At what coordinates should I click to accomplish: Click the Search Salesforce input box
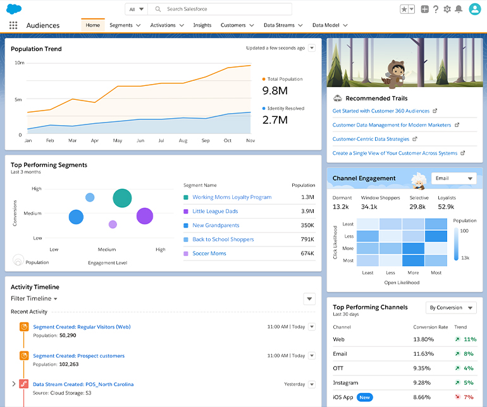click(225, 9)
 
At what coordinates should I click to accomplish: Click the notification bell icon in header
click(459, 9)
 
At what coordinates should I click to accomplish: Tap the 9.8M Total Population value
click(274, 91)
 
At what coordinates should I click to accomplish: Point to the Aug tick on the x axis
click(183, 140)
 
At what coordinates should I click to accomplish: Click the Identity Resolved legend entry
click(285, 109)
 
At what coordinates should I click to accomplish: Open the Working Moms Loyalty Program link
click(231, 197)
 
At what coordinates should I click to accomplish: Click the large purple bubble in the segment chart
click(145, 216)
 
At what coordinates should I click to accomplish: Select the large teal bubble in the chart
click(122, 198)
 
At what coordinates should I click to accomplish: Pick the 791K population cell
click(307, 240)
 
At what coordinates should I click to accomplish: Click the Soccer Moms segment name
click(209, 253)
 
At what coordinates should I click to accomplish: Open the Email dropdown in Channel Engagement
click(453, 178)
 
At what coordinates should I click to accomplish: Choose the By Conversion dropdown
click(450, 308)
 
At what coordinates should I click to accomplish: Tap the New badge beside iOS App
click(364, 397)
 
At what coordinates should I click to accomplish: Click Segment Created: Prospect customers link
click(78, 356)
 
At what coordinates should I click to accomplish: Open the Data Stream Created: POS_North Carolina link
click(83, 384)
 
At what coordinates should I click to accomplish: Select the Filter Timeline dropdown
click(34, 298)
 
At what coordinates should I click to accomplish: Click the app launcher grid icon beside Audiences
click(13, 25)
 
